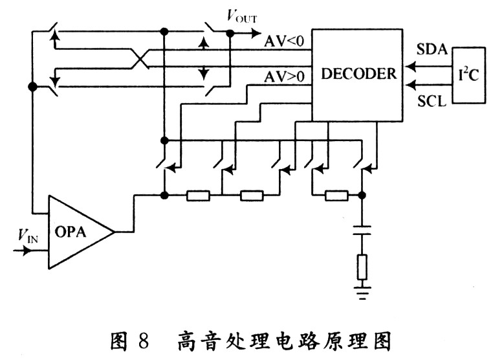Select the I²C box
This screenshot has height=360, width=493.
click(x=469, y=74)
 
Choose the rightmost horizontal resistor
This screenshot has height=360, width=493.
click(x=336, y=194)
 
